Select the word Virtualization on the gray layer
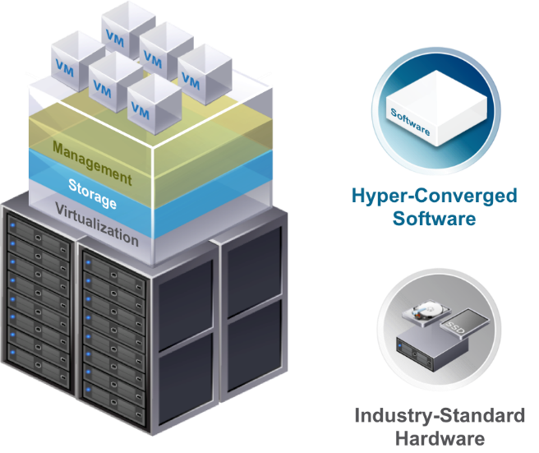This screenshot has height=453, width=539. coord(97,224)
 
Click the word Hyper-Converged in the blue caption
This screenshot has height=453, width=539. coord(434,196)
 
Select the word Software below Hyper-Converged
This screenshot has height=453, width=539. coord(434,218)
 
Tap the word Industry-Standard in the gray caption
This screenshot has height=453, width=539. coord(440,415)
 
